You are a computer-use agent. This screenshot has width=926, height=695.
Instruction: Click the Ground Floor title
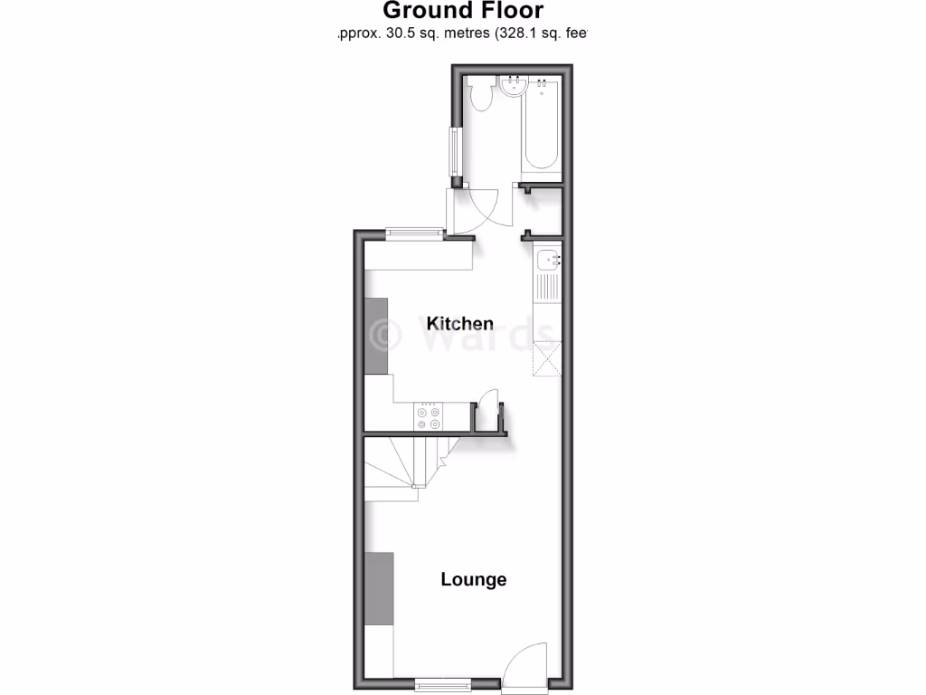(463, 11)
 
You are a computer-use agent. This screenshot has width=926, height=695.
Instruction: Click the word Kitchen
(460, 324)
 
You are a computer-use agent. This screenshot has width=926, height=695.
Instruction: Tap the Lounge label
(473, 580)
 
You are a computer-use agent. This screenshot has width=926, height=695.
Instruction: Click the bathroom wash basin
(514, 87)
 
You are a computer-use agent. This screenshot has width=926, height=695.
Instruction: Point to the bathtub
(541, 127)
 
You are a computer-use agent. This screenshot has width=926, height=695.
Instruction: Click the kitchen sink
(547, 262)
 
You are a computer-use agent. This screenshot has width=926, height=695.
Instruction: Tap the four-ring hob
(428, 416)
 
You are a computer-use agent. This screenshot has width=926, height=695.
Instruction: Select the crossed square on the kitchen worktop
(546, 358)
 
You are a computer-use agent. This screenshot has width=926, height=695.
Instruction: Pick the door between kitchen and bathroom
(475, 208)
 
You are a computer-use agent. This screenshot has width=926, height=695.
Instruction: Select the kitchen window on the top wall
(414, 233)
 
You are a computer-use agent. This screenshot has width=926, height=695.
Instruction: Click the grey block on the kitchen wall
(376, 336)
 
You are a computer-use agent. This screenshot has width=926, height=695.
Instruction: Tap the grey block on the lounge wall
(379, 588)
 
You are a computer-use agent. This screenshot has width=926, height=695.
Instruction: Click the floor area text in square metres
(462, 34)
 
